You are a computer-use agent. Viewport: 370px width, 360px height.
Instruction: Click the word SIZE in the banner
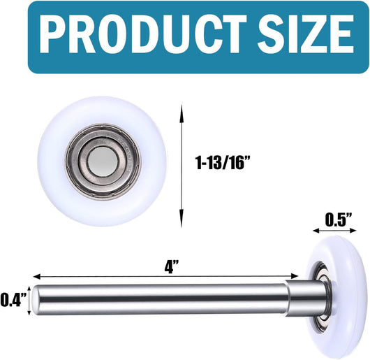pos(306,34)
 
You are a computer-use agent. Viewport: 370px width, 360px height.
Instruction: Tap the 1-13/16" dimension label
pos(223,162)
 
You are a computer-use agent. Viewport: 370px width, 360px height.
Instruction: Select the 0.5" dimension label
pos(339,219)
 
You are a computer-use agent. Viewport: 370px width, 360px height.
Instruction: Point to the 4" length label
pos(171,267)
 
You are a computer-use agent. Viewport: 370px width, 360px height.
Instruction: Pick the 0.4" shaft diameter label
pos(13,299)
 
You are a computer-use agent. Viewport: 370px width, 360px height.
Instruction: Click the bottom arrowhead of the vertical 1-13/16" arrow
pos(182,219)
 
